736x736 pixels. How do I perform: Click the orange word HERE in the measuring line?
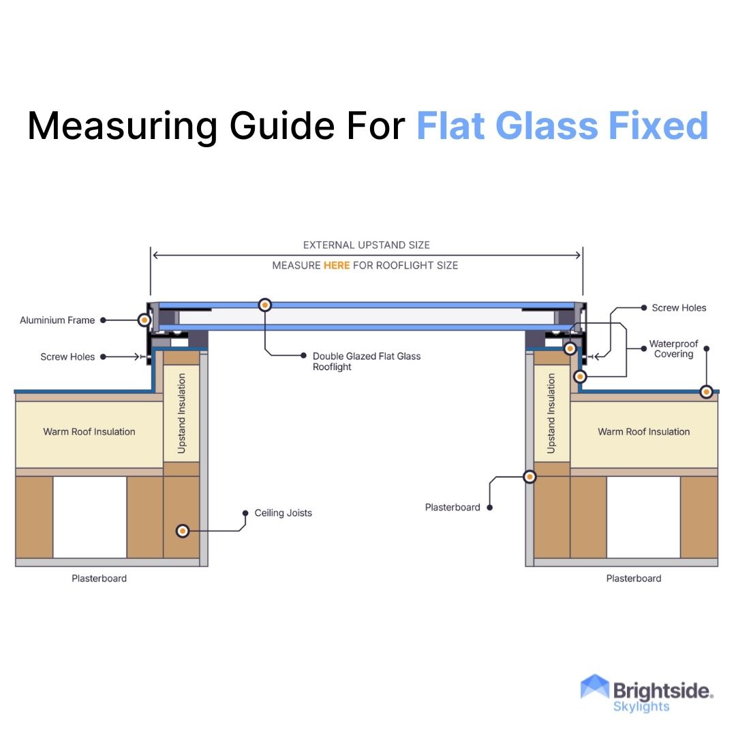pyautogui.click(x=337, y=265)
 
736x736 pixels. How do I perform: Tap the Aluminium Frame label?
pyautogui.click(x=57, y=320)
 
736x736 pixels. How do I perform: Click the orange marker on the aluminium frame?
pyautogui.click(x=144, y=320)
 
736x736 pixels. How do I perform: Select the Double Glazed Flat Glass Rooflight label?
pyautogui.click(x=367, y=361)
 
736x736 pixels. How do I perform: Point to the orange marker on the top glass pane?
pyautogui.click(x=265, y=305)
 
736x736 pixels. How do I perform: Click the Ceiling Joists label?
pyautogui.click(x=283, y=513)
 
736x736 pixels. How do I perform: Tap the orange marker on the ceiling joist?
pyautogui.click(x=182, y=531)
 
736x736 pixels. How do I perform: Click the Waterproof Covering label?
pyautogui.click(x=673, y=349)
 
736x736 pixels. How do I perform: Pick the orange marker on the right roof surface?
pyautogui.click(x=707, y=392)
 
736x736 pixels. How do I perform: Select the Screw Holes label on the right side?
pyautogui.click(x=679, y=308)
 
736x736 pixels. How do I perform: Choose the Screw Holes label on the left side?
pyautogui.click(x=67, y=356)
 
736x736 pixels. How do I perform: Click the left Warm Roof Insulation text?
pyautogui.click(x=89, y=431)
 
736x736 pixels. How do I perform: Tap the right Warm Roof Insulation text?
pyautogui.click(x=644, y=431)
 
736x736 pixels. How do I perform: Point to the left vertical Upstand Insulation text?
pyautogui.click(x=181, y=413)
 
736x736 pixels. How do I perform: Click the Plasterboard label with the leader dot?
pyautogui.click(x=453, y=507)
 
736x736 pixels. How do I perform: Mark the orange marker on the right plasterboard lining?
pyautogui.click(x=530, y=477)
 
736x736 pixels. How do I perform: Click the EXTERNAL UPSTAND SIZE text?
pyautogui.click(x=367, y=245)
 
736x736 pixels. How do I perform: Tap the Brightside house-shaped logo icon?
pyautogui.click(x=594, y=688)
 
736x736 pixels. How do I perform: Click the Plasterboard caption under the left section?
pyautogui.click(x=99, y=579)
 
